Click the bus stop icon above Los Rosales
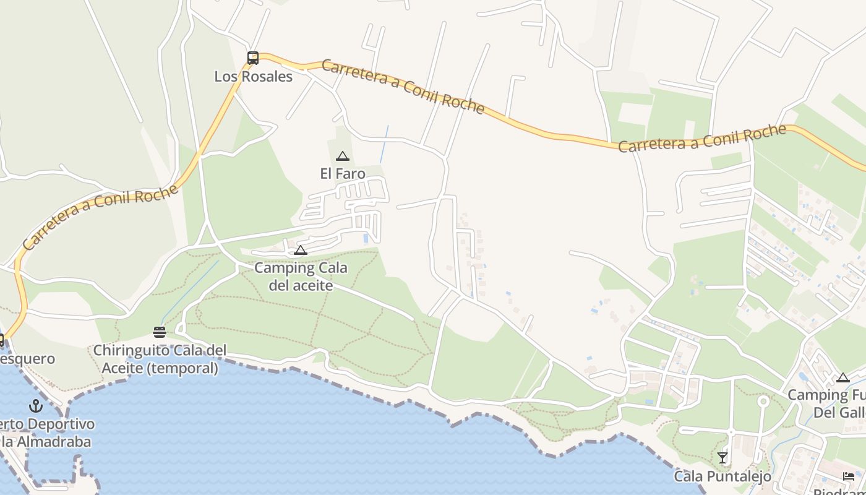pyautogui.click(x=253, y=58)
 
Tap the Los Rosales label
pyautogui.click(x=253, y=77)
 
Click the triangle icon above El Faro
pyautogui.click(x=343, y=157)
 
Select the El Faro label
pyautogui.click(x=343, y=174)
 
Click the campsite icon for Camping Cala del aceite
pyautogui.click(x=301, y=251)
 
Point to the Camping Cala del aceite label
pyautogui.click(x=301, y=277)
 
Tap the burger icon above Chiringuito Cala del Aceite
pyautogui.click(x=160, y=332)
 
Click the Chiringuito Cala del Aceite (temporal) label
pyautogui.click(x=160, y=359)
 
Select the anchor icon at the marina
pyautogui.click(x=36, y=407)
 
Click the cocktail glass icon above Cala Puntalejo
pyautogui.click(x=722, y=458)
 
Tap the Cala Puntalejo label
pyautogui.click(x=722, y=476)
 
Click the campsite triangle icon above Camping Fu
pyautogui.click(x=843, y=378)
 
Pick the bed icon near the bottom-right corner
pyautogui.click(x=849, y=476)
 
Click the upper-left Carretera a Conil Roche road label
pyautogui.click(x=403, y=87)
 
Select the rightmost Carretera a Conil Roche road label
pyautogui.click(x=702, y=139)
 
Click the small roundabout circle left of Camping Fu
pyautogui.click(x=763, y=402)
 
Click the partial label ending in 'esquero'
pyautogui.click(x=27, y=359)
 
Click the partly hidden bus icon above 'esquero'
pyautogui.click(x=1, y=340)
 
